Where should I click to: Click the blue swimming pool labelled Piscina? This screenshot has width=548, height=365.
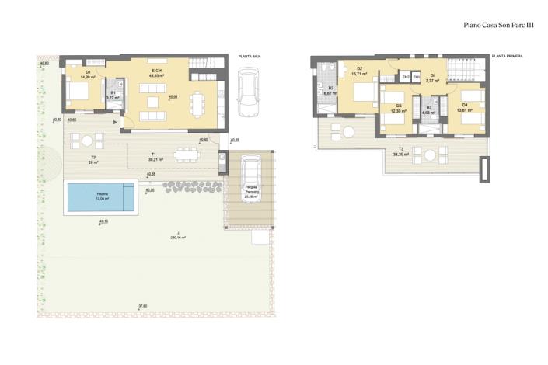tap(100, 196)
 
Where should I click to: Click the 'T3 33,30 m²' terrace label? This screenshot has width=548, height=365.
tap(400, 152)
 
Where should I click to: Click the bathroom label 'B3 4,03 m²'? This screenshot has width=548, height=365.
tap(428, 110)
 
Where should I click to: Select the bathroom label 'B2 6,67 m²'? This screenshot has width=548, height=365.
tap(330, 91)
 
